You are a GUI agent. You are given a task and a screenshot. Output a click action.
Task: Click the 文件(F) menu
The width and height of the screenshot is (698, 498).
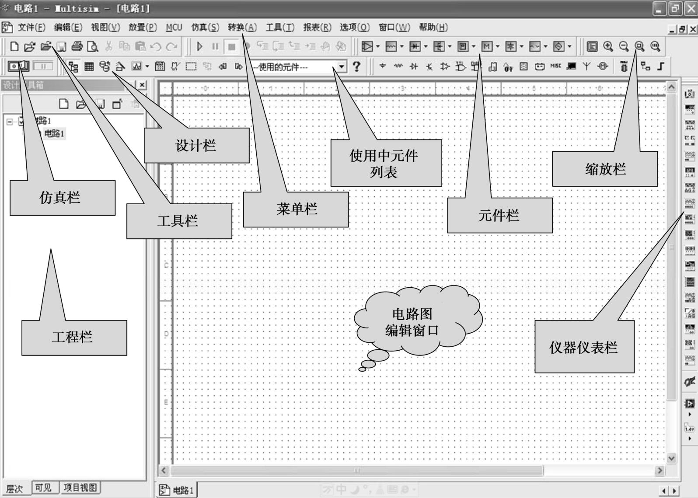coord(31,28)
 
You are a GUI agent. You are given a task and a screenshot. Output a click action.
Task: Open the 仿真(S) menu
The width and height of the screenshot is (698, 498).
coord(205,28)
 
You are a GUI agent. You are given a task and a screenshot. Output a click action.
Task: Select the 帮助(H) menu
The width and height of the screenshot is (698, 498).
coord(433,28)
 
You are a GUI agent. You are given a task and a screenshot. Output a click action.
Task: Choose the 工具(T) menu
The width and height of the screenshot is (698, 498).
coord(280,28)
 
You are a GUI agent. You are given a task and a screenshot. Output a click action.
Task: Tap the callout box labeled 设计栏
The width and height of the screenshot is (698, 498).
coord(196,146)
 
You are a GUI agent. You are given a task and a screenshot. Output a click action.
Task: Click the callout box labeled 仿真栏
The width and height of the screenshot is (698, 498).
coord(62,198)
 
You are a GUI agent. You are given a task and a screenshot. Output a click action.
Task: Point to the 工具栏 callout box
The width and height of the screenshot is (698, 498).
coord(179,221)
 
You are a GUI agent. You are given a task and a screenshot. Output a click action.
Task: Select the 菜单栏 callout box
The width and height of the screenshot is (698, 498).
coord(296,209)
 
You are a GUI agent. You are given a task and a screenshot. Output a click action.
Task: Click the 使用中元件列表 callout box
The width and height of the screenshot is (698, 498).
coord(386,163)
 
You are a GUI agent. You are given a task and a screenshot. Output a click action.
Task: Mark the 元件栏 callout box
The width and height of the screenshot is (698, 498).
coord(499,215)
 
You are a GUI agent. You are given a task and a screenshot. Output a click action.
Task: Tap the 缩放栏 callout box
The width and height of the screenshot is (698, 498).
coord(604,169)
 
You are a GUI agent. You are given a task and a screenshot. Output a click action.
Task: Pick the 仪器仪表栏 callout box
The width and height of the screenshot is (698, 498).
coord(584,347)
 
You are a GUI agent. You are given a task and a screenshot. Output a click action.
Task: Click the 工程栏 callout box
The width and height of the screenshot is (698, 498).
coord(74,337)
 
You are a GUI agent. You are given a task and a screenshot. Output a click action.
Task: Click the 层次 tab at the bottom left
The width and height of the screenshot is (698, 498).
coord(15,488)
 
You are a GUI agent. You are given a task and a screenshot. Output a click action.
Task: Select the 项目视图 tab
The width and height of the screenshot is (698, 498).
coord(80,488)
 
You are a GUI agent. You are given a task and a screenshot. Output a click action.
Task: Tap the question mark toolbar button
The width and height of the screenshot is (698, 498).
coord(357,66)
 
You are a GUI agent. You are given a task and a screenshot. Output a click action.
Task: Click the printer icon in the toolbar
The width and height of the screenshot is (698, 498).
coord(77,46)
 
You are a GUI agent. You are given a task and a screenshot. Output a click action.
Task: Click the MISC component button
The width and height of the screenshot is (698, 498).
coord(555,66)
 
